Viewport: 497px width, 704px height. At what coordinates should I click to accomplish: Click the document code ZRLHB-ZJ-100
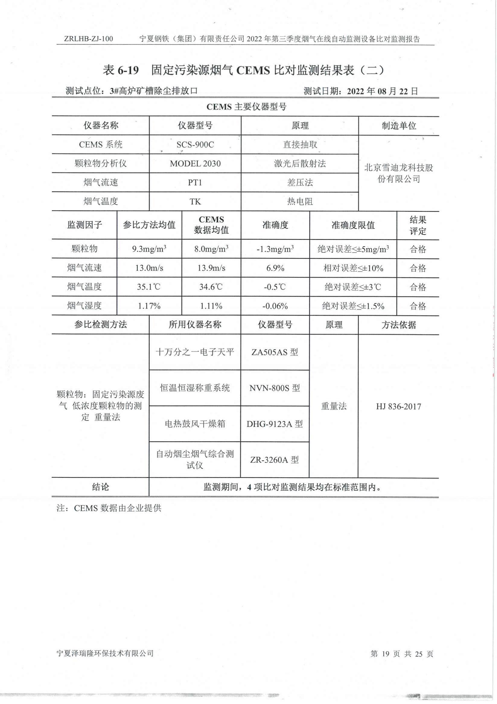89,39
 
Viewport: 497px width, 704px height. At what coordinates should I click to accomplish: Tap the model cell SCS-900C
195,145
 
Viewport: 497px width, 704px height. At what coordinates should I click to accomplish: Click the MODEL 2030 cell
195,164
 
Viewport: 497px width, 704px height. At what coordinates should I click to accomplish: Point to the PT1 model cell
195,183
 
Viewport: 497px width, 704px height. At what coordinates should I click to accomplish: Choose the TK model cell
195,202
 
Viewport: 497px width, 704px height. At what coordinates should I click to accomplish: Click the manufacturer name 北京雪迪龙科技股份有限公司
398,173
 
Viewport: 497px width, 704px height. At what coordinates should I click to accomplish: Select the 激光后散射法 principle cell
300,164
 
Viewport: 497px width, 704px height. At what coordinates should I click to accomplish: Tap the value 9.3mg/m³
149,249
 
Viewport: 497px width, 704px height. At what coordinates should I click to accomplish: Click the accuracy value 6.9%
275,268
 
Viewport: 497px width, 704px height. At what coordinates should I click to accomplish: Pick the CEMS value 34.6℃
211,287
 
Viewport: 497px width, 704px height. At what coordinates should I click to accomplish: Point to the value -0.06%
275,306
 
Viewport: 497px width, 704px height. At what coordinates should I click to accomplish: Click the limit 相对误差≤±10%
353,268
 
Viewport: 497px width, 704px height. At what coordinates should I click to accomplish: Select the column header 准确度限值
353,225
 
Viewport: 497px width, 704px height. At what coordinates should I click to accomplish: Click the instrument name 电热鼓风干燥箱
195,424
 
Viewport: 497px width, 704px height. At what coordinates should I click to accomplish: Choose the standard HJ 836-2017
398,406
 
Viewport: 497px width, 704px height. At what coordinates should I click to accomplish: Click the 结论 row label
100,487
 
